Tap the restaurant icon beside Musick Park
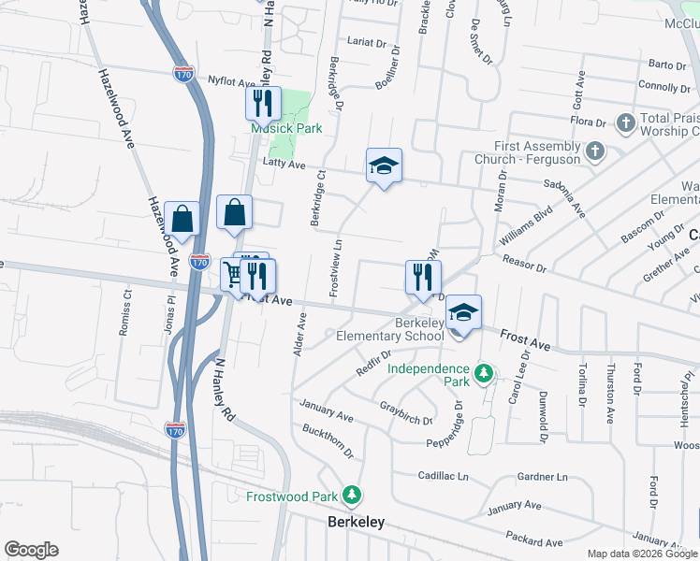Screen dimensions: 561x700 coord(262,102)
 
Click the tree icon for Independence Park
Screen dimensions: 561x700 coord(483,374)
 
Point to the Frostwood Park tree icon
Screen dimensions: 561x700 coord(352,494)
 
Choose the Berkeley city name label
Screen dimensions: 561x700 coord(356,523)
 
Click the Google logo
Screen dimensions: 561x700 coord(31,549)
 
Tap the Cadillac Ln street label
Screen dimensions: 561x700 coord(443,476)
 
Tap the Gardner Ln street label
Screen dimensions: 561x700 coord(543,477)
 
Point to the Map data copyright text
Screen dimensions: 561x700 coord(641,554)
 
